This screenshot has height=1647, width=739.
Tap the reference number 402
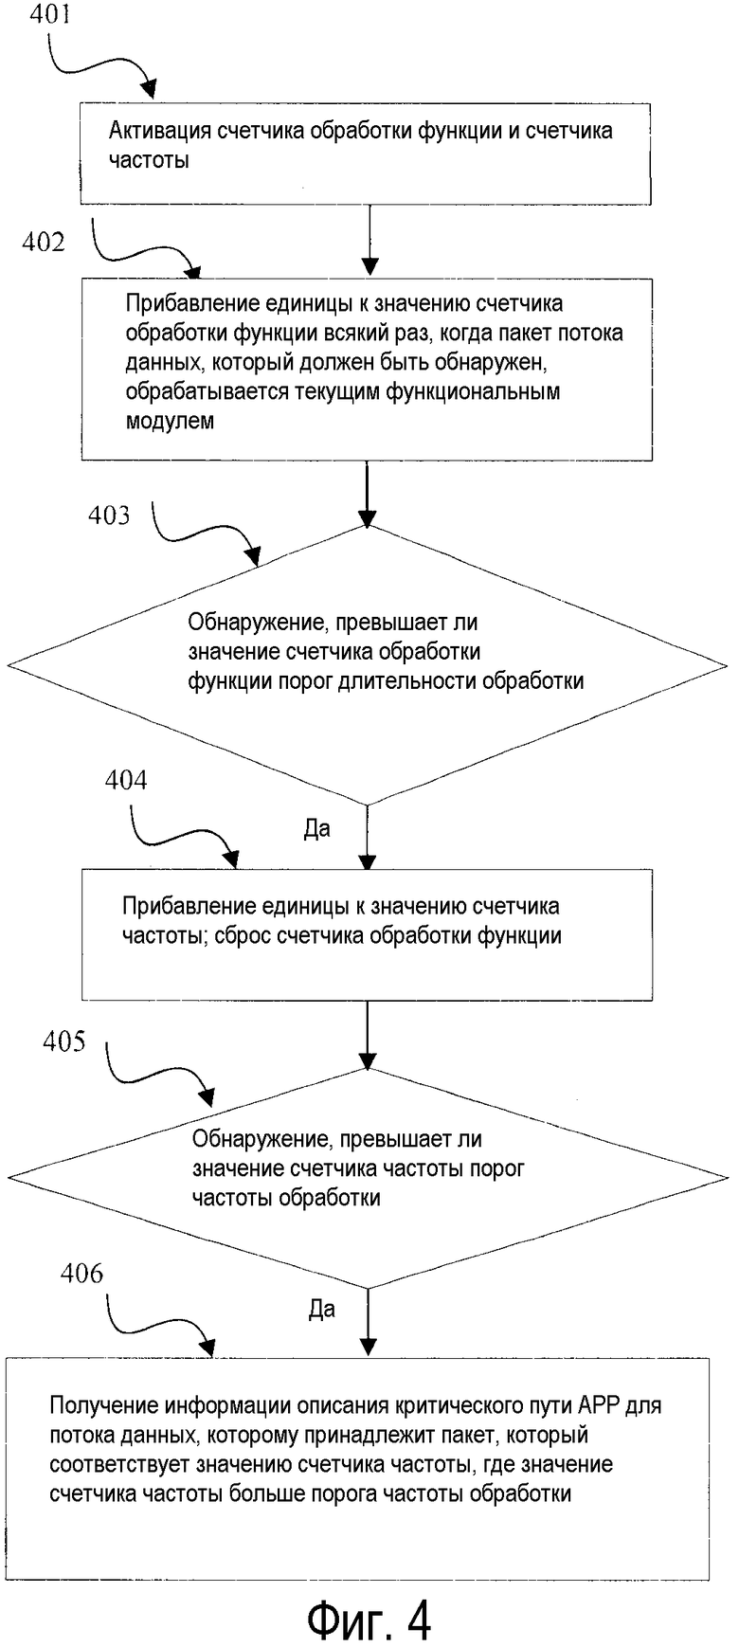click(44, 243)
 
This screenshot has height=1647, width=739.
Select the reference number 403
click(109, 516)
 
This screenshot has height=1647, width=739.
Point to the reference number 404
click(126, 781)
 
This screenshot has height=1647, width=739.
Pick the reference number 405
click(63, 1042)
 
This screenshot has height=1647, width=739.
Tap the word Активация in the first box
click(159, 131)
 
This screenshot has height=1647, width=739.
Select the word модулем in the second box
click(170, 421)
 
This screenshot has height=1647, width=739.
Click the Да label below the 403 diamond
click(317, 829)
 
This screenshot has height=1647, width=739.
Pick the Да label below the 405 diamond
click(322, 1310)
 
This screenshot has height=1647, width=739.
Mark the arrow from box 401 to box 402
click(369, 241)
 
